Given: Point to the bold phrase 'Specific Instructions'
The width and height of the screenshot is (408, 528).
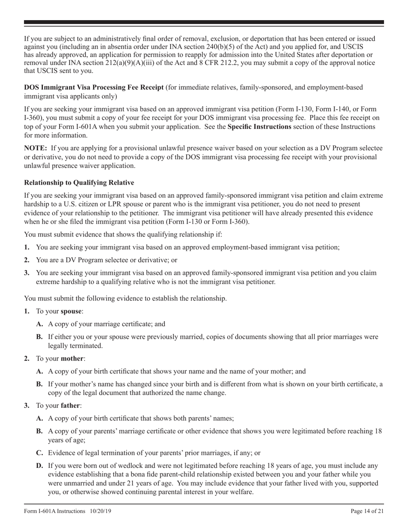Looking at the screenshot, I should [x=259, y=127].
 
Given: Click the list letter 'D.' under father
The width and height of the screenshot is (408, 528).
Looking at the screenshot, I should [x=40, y=465].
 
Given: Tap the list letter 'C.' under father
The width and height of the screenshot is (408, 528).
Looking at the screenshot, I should [x=40, y=452].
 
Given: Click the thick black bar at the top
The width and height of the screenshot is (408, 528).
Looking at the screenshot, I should [x=204, y=22].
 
